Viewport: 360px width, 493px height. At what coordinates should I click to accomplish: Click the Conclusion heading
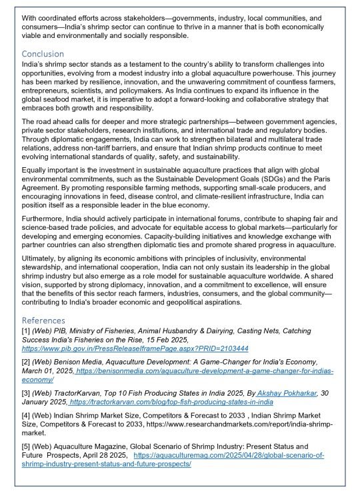tap(43, 53)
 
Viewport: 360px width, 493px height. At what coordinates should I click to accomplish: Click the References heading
tap(44, 320)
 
